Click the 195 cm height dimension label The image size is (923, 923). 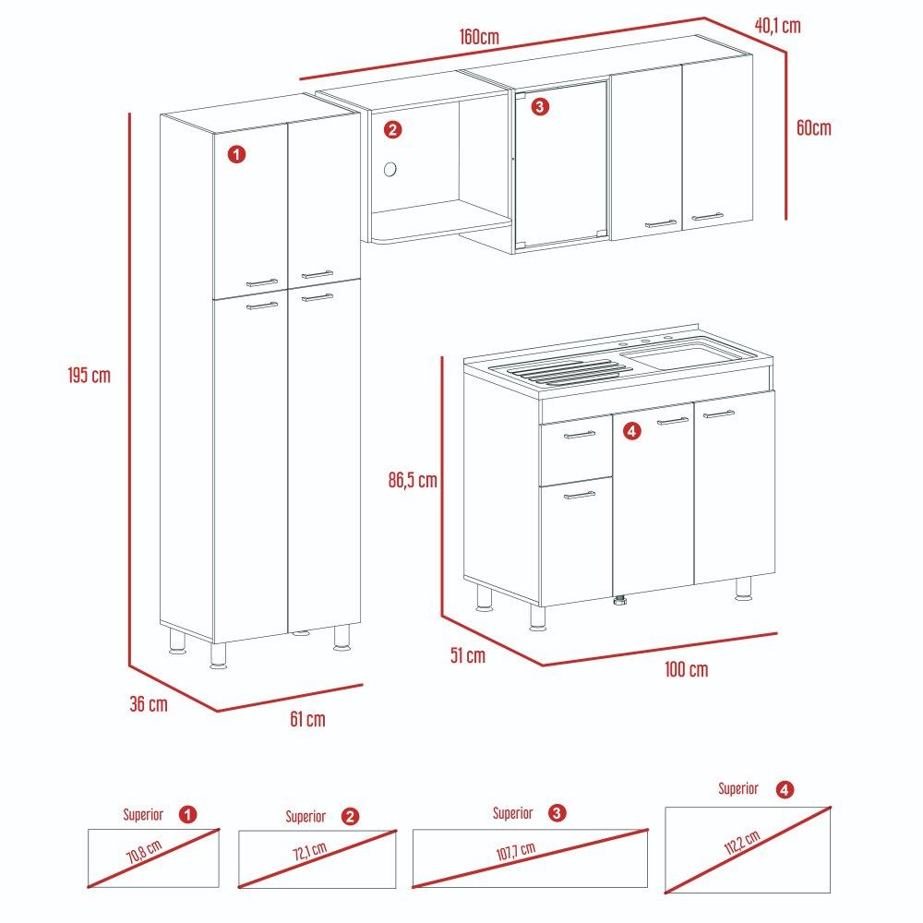coord(89,375)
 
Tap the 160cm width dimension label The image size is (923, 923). coord(479,37)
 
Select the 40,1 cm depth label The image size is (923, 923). coord(777,25)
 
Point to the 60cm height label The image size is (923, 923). coord(813,127)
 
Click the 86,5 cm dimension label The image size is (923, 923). coord(413,480)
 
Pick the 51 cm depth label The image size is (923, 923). coord(468,655)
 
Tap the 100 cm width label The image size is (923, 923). coord(687,669)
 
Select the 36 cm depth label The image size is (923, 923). coord(149,703)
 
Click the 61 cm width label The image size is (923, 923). coord(307,719)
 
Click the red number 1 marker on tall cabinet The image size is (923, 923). coord(236,155)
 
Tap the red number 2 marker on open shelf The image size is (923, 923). coord(392,129)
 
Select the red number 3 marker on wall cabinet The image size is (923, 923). coord(540,106)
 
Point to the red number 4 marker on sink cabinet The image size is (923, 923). coord(631,431)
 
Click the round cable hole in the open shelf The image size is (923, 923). coord(390,170)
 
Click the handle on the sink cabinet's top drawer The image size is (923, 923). coord(580,435)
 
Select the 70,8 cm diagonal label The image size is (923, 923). coord(144,852)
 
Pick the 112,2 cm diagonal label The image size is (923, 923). coord(742,843)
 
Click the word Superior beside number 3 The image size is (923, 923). coord(512,813)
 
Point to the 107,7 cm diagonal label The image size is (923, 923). coord(516,851)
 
